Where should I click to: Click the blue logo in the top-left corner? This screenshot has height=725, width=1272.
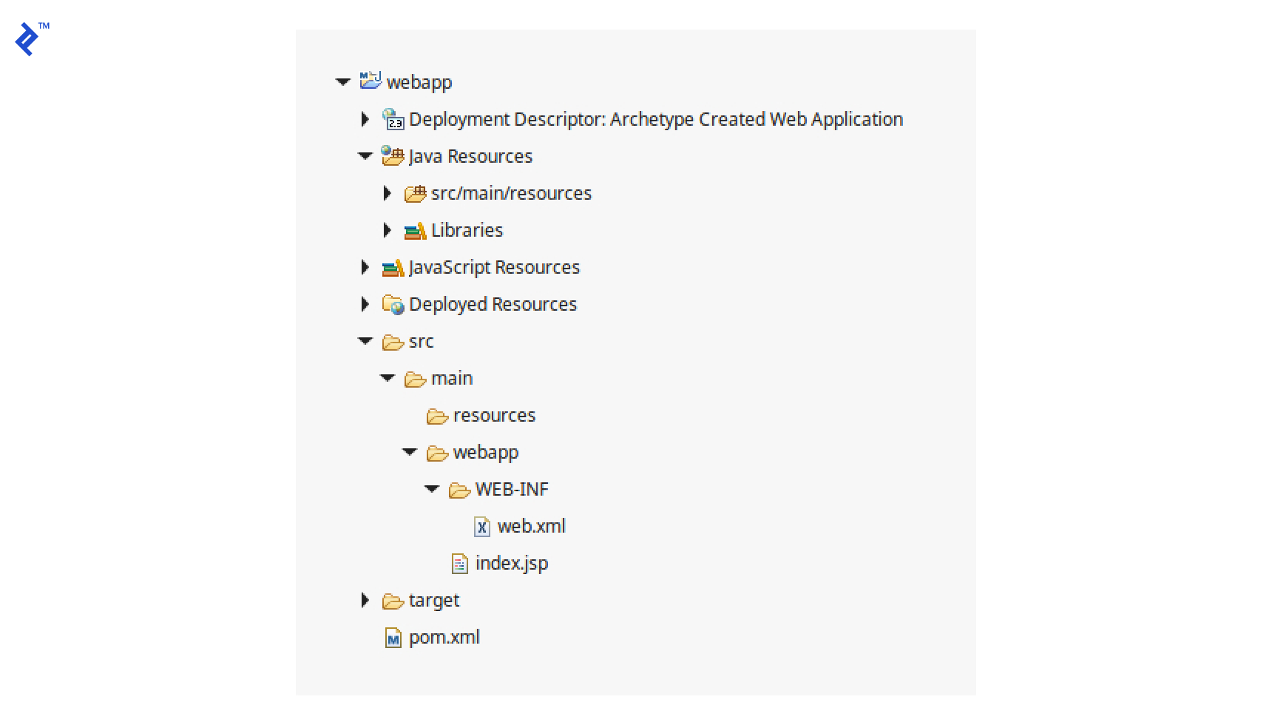pyautogui.click(x=27, y=38)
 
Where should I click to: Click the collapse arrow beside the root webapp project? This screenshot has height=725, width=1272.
pyautogui.click(x=342, y=82)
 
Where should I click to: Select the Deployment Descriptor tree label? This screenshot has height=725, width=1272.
pyautogui.click(x=655, y=119)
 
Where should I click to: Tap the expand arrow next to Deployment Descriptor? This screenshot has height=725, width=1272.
pyautogui.click(x=365, y=119)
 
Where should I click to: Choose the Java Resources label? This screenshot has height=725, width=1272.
pyautogui.click(x=470, y=156)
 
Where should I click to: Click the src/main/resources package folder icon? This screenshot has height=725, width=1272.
pyautogui.click(x=415, y=194)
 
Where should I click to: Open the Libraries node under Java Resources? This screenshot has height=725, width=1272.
pyautogui.click(x=467, y=230)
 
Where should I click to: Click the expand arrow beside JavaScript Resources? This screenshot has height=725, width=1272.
pyautogui.click(x=365, y=267)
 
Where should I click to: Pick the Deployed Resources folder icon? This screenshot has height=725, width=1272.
pyautogui.click(x=393, y=305)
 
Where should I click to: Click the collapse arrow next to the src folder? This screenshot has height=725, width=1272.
pyautogui.click(x=365, y=341)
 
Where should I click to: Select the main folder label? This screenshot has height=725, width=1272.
pyautogui.click(x=451, y=378)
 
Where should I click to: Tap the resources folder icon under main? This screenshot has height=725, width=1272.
pyautogui.click(x=437, y=417)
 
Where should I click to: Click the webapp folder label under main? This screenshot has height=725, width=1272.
pyautogui.click(x=485, y=452)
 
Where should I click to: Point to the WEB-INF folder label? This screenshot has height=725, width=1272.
pyautogui.click(x=512, y=489)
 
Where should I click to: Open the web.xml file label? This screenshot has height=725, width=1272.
pyautogui.click(x=531, y=526)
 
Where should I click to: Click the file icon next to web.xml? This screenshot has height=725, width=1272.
pyautogui.click(x=481, y=527)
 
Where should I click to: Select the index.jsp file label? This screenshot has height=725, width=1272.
pyautogui.click(x=512, y=563)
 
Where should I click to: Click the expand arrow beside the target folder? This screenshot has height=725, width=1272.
pyautogui.click(x=365, y=600)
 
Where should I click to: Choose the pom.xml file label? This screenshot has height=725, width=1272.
pyautogui.click(x=444, y=637)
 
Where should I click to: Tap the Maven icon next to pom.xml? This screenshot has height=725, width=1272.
pyautogui.click(x=393, y=638)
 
